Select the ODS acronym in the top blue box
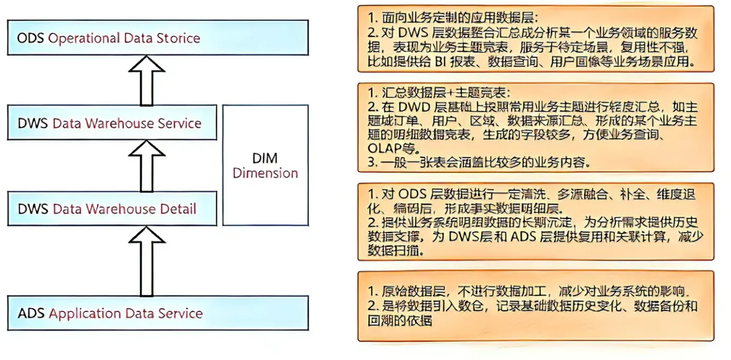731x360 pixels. tap(31, 39)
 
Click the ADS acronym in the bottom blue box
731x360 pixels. tap(31, 313)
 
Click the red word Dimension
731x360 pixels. tap(266, 173)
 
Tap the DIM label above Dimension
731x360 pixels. tap(266, 159)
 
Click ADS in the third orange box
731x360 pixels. tap(525, 237)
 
